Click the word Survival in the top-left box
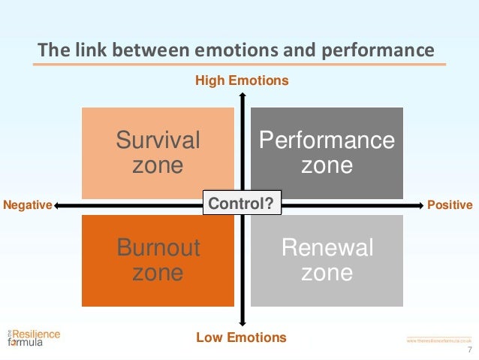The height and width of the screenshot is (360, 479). point(158,140)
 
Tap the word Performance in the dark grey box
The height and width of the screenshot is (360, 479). point(327,140)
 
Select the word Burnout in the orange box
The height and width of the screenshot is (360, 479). point(158,248)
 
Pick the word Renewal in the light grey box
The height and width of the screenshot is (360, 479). point(327,248)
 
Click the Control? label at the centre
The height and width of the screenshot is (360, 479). point(240,204)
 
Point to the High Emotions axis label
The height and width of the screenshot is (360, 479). point(241,80)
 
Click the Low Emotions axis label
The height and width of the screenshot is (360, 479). point(241,337)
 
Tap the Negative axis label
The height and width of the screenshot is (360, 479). point(27,204)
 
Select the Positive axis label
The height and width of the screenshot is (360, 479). point(450,204)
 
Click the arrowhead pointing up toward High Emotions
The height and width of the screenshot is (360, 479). point(242,95)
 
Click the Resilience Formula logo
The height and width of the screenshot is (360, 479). point(34,337)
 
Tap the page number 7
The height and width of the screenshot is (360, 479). point(469,351)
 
